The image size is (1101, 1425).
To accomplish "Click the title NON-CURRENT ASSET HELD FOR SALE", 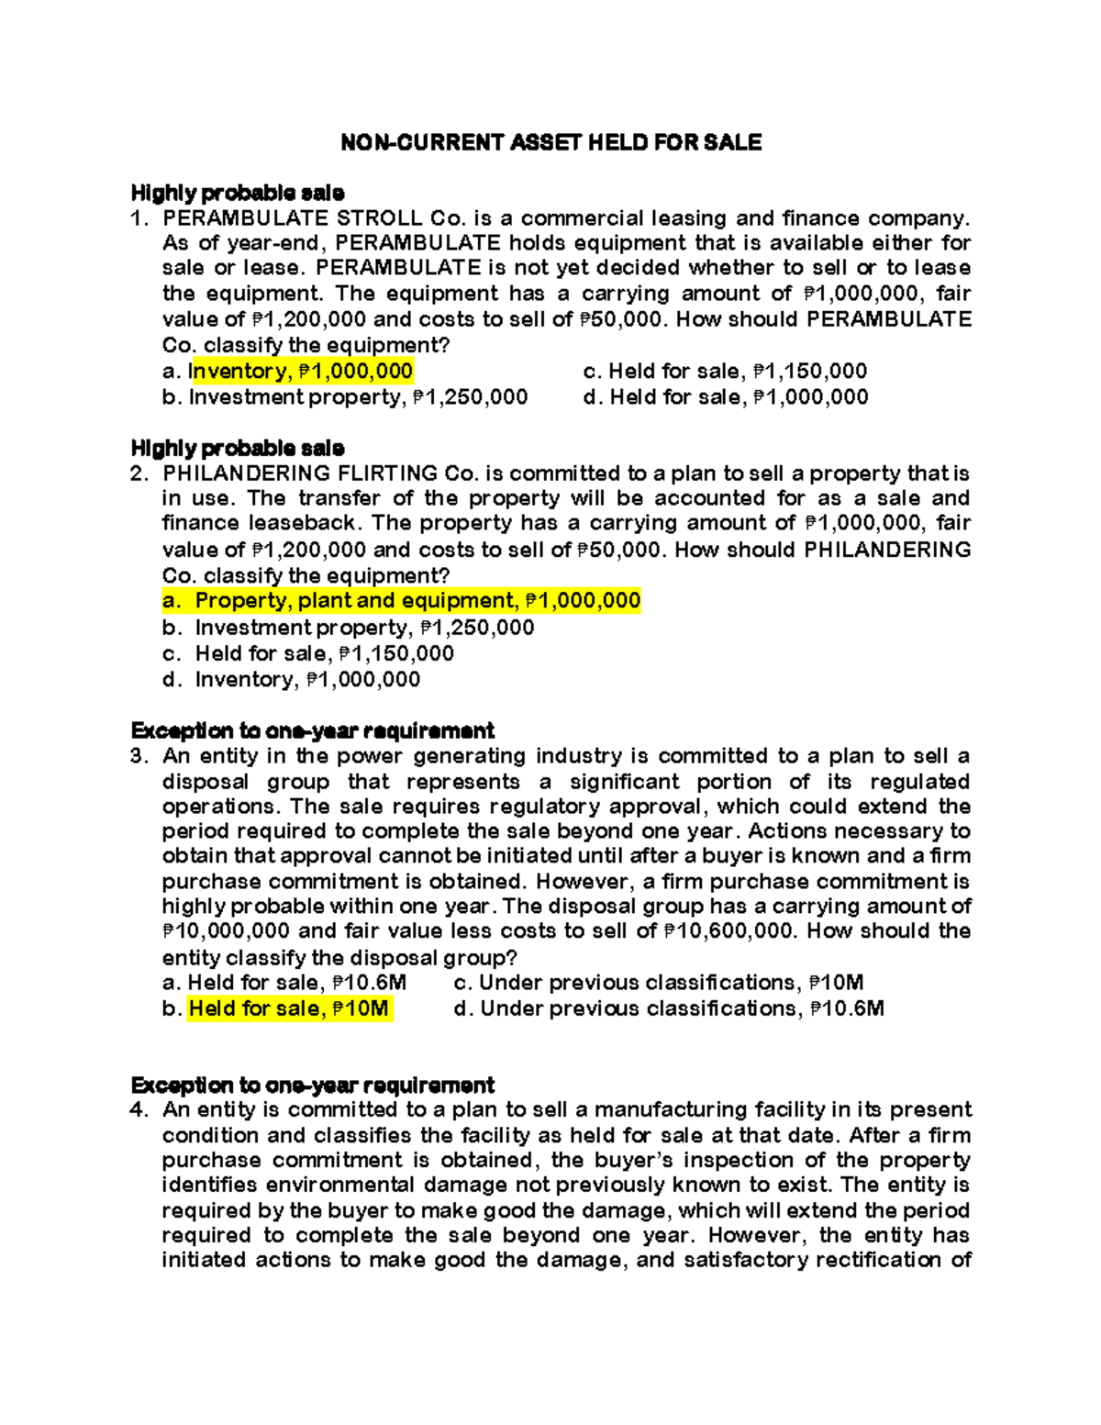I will click(x=550, y=142).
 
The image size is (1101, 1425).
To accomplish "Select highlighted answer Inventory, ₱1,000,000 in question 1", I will click(x=301, y=372).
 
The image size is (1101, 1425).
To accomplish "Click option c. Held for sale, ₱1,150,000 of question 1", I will click(x=725, y=372).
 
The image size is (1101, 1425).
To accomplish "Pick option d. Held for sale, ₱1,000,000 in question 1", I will click(x=725, y=397).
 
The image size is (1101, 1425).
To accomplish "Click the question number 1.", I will click(x=139, y=218).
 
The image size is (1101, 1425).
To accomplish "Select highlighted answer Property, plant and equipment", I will click(x=401, y=601).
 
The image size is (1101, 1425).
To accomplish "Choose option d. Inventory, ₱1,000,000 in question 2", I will click(x=291, y=680).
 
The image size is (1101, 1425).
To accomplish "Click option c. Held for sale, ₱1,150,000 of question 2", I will click(x=308, y=654).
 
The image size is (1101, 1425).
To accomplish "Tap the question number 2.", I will click(x=139, y=473).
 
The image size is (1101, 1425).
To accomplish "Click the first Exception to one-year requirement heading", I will click(x=312, y=731).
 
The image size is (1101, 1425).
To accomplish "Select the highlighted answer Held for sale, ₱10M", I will click(x=289, y=1009).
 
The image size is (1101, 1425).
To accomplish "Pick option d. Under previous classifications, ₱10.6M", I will click(x=669, y=1009).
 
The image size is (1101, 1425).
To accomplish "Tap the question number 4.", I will click(x=139, y=1110).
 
